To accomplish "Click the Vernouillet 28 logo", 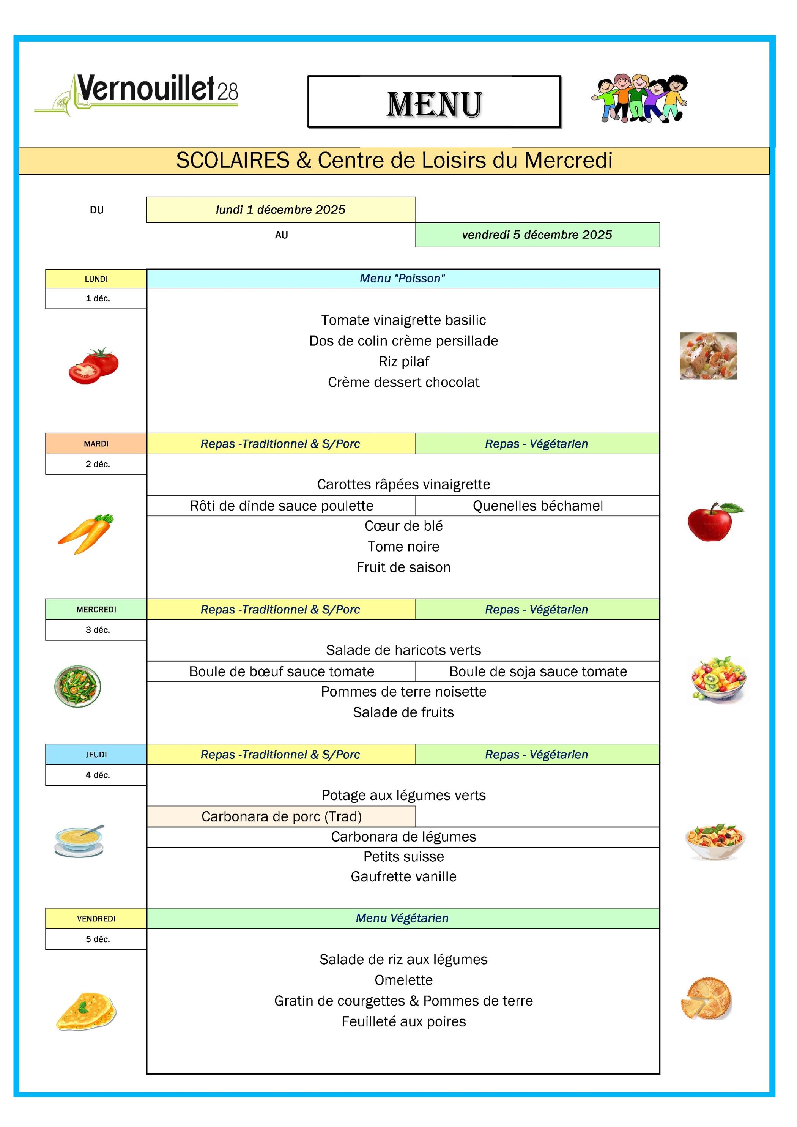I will [136, 93].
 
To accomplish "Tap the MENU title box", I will [434, 102].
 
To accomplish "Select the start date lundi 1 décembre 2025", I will [281, 210].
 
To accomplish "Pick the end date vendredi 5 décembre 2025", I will [537, 235].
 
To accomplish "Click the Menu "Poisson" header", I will [402, 278].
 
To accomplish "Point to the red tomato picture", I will [94, 366].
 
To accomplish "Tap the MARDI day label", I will [96, 444].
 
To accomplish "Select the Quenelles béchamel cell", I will [537, 506].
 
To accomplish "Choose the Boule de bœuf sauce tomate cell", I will [281, 671].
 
